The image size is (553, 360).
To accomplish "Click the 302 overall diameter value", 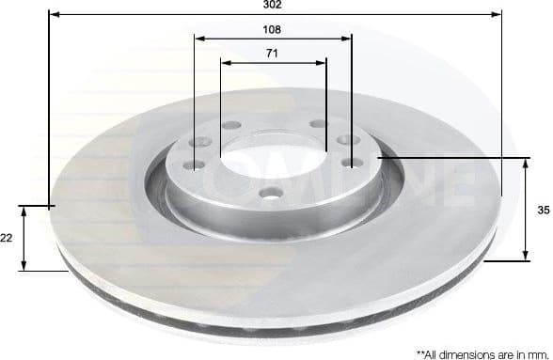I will pos(273,5).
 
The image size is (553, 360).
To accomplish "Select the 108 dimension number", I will pos(273,29).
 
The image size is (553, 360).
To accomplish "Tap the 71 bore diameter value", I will pos(272,54).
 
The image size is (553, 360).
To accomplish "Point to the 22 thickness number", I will pos(7,239).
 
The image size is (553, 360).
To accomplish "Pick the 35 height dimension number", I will pos(543,211).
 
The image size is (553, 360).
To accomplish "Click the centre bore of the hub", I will pos(272,156).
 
